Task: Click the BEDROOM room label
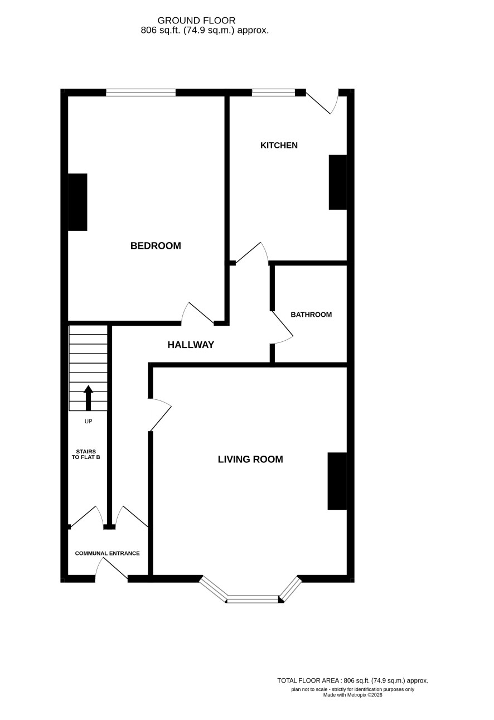[x=156, y=246]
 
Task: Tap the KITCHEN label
[x=279, y=146]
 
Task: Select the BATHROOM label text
[x=311, y=315]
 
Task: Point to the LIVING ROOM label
[x=250, y=460]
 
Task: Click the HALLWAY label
[x=191, y=345]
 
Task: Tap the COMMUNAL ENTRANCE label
[x=108, y=553]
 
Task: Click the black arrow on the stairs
[x=89, y=398]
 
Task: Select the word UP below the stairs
[x=89, y=422]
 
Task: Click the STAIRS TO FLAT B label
[x=86, y=455]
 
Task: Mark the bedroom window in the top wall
[x=141, y=93]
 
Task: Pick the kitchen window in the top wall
[x=273, y=93]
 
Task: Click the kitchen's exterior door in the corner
[x=322, y=102]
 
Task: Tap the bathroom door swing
[x=282, y=327]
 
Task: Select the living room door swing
[x=160, y=414]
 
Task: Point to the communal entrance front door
[x=112, y=569]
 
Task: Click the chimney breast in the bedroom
[x=78, y=202]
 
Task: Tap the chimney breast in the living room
[x=337, y=481]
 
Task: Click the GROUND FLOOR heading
[x=196, y=21]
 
